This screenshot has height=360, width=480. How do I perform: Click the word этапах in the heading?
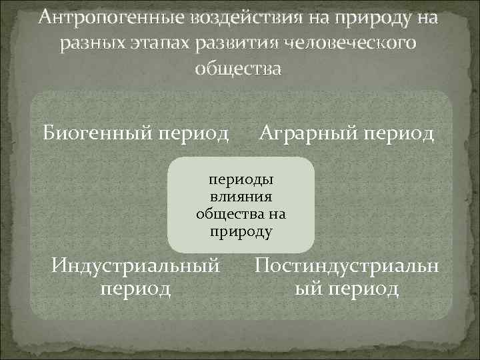point(160,43)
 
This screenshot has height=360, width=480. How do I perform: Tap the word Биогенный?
point(98,133)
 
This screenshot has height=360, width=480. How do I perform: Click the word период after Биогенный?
point(192,133)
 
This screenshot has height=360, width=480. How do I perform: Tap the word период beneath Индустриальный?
point(135,289)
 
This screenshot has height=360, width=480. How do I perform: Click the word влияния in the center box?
point(241,197)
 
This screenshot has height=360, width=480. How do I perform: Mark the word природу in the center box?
point(241,232)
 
